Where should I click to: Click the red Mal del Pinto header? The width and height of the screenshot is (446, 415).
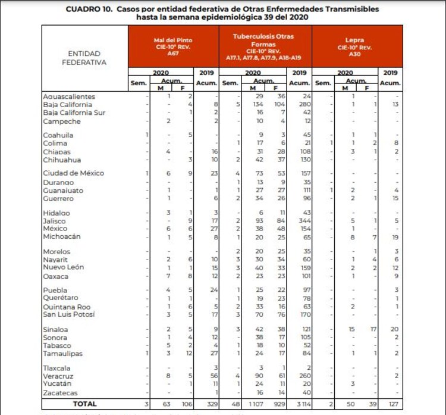[x=172, y=46]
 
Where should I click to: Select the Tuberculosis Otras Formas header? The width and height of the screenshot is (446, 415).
[x=264, y=46]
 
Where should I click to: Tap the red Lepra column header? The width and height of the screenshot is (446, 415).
[x=355, y=46]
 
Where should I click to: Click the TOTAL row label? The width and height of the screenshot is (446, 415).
[x=84, y=404]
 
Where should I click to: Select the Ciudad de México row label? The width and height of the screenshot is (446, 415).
[x=73, y=173]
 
